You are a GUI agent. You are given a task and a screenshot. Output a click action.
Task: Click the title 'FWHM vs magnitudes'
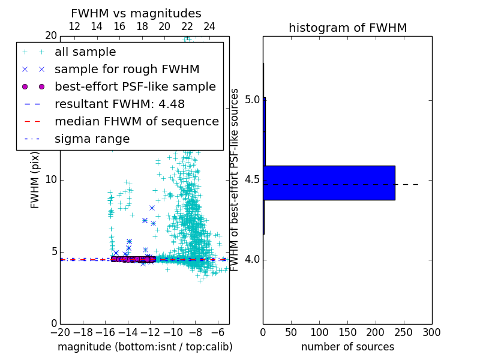point(136,13)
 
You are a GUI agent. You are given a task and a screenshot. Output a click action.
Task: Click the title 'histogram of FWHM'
point(347,28)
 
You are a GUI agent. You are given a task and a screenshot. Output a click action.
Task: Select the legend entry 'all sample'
point(85,52)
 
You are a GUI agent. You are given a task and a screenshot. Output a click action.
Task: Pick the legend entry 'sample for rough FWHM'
point(127,70)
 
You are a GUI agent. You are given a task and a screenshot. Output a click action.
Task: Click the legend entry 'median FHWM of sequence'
point(136,122)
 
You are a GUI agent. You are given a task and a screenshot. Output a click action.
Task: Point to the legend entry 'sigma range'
point(92,139)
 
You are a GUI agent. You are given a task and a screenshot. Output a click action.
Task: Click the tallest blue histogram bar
point(329,182)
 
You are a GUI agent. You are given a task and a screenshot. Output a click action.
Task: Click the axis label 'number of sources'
point(347,347)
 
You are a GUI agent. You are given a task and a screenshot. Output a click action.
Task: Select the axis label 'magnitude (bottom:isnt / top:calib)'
point(145,347)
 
